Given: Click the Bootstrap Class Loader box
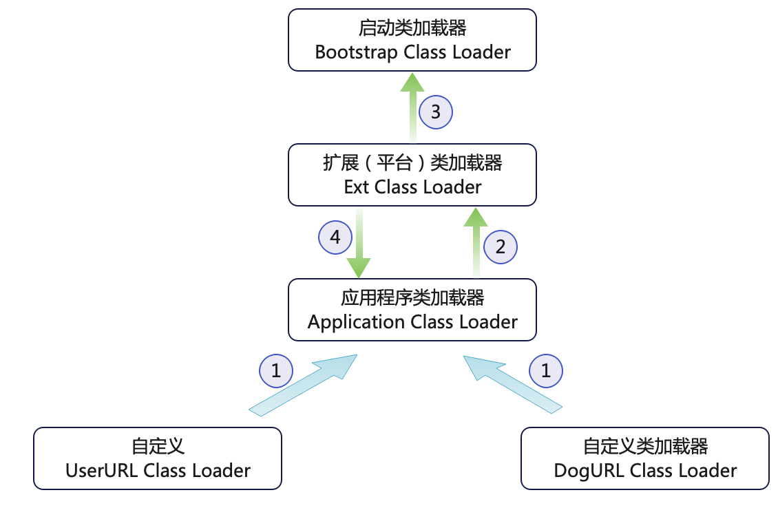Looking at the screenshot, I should [x=412, y=40].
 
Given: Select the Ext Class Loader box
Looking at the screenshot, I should [x=412, y=175].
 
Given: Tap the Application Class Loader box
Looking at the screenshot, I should [x=412, y=310].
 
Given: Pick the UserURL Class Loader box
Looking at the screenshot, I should [x=158, y=458].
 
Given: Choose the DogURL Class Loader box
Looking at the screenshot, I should [x=645, y=458].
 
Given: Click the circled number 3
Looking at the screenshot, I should [x=436, y=112].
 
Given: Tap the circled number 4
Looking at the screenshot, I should [x=335, y=237].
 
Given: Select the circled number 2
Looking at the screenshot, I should [x=501, y=246].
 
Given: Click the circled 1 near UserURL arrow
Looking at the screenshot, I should [x=276, y=372].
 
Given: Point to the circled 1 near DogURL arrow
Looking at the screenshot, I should [x=546, y=372].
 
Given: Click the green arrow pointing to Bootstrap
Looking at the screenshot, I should [x=412, y=103].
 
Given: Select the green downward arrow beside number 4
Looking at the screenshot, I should [x=359, y=244].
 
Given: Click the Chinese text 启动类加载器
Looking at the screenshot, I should [x=412, y=28].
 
